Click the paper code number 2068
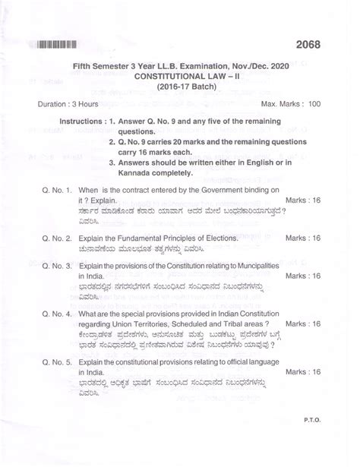click(x=304, y=45)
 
